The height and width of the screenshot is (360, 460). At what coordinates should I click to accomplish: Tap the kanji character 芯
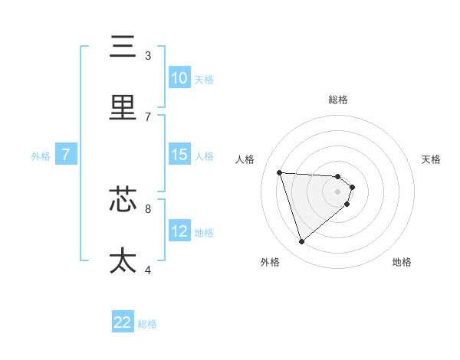coord(123,201)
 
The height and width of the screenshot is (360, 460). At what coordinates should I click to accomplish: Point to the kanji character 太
coord(123,260)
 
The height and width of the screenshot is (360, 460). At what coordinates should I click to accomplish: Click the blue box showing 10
coord(179,78)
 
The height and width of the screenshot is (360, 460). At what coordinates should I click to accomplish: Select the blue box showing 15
coord(179,155)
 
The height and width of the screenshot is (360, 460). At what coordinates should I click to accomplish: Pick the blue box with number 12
coord(179,231)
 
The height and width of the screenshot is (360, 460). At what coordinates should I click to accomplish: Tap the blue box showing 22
coord(123,322)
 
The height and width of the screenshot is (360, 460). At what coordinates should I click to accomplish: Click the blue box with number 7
coord(66,155)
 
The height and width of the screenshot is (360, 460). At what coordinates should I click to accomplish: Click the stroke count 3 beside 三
coord(148,56)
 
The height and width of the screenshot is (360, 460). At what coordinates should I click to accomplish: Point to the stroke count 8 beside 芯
coord(148,208)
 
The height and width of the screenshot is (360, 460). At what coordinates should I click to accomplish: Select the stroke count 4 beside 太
coord(148,269)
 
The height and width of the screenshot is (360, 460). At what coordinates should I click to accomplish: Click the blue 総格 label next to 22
coord(147,324)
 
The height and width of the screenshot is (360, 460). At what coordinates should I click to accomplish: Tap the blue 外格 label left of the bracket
coord(41,155)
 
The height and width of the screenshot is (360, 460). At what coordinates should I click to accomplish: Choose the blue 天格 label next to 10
coord(203,79)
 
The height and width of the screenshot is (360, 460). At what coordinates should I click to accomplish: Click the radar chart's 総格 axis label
coord(338,100)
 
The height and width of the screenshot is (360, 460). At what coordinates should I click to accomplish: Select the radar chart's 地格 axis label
coord(402,262)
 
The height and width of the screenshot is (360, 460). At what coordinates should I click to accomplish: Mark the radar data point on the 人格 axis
coord(280,172)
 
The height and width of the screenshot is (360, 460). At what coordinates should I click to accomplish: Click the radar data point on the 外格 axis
coord(301,242)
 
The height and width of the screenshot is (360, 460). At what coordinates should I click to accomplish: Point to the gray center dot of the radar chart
coord(338,191)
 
